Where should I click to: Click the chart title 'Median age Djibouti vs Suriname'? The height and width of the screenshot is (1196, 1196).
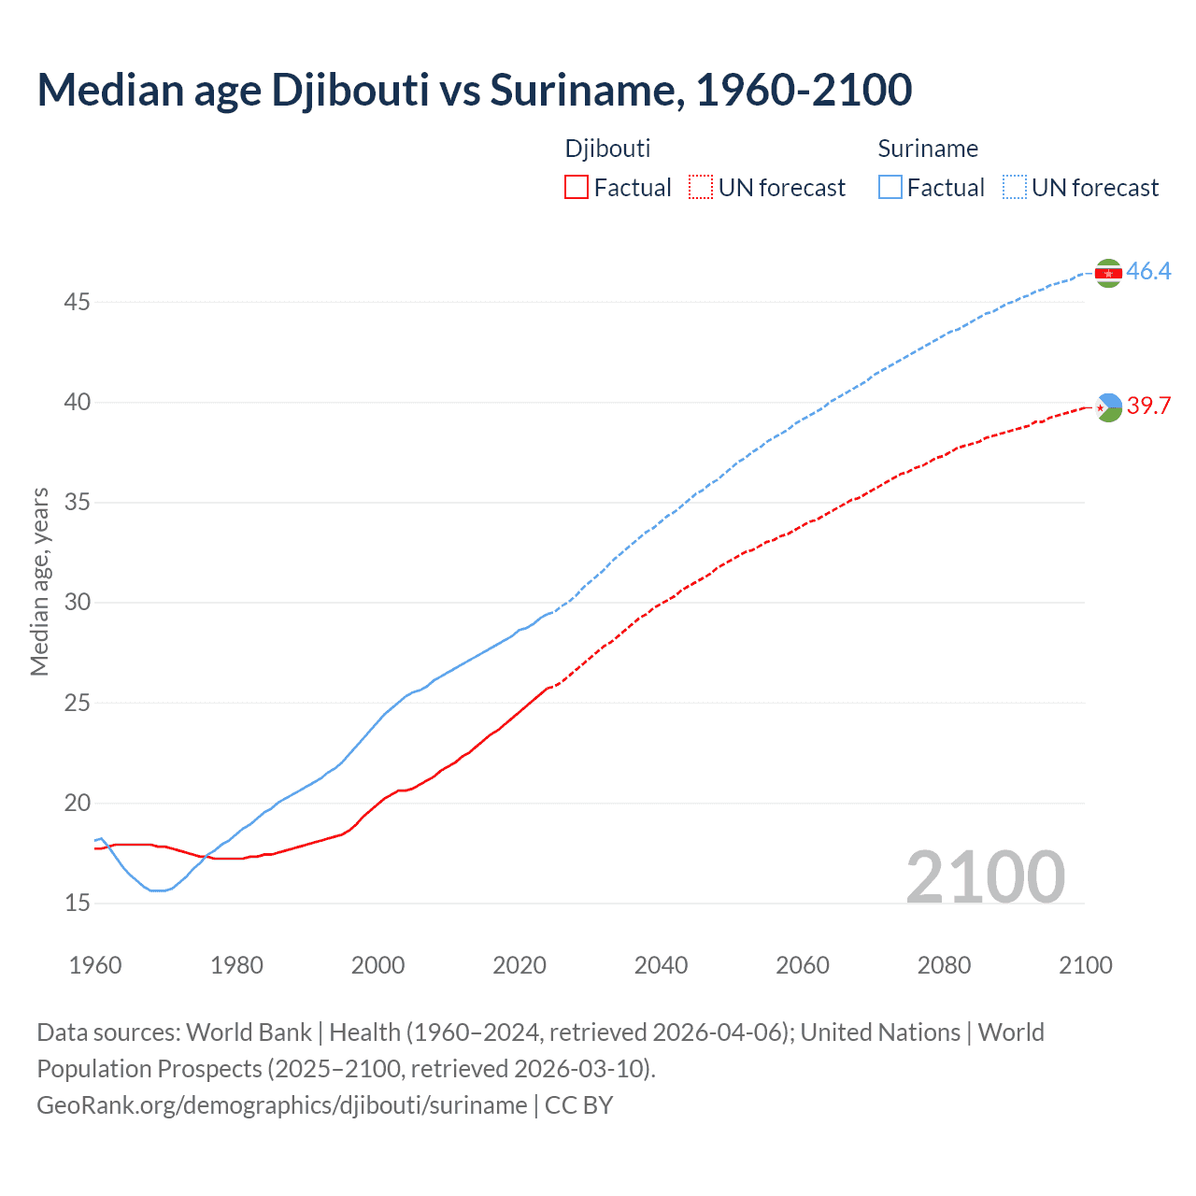[x=475, y=91]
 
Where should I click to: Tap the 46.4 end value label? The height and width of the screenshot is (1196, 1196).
[x=1148, y=272]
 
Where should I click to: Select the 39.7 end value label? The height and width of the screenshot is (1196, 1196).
[x=1148, y=406]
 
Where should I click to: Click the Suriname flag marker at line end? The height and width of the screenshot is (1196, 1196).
[x=1108, y=273]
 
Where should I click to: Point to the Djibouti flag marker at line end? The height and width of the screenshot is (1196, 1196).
[x=1108, y=406]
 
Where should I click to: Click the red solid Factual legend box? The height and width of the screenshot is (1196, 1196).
[x=577, y=188]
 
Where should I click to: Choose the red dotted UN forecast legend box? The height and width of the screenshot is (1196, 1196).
[x=701, y=188]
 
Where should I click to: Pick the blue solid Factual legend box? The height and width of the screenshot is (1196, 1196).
[x=890, y=188]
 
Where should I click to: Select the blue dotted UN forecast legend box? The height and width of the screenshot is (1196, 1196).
[x=1015, y=188]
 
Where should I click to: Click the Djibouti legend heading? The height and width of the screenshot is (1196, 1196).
[x=607, y=149]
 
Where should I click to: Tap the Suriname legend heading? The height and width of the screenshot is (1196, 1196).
[x=928, y=149]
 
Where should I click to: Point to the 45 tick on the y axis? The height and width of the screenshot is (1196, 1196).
[x=78, y=302]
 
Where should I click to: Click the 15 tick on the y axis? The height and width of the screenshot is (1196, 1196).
[x=78, y=903]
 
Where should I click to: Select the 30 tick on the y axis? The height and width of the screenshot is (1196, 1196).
[x=78, y=602]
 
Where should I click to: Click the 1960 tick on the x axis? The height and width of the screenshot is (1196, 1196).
[x=95, y=965]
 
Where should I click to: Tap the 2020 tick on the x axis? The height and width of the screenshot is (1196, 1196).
[x=520, y=965]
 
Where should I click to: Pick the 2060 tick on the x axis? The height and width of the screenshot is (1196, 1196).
[x=803, y=965]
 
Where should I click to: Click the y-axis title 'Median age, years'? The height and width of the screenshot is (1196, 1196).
[x=39, y=581]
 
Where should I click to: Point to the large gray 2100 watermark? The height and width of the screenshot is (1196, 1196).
[x=985, y=876]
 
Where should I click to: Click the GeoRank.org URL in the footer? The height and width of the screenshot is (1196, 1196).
[x=281, y=1105]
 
